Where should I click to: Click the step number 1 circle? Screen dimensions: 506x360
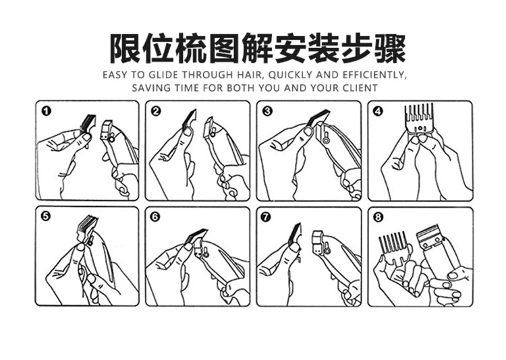coord(47,112)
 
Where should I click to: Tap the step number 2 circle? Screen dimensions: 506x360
coord(156,112)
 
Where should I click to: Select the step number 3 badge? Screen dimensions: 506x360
coord(268,112)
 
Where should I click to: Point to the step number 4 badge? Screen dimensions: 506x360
coord(378,112)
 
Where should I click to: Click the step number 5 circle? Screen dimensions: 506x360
coord(46,216)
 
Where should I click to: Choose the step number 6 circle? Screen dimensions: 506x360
coord(156,217)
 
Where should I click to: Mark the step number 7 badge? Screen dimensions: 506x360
coord(266,217)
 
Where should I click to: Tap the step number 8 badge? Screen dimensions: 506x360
coord(378,217)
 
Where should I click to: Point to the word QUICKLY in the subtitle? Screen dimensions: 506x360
coord(291,75)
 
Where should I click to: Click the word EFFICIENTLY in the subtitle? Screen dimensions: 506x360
coord(374,75)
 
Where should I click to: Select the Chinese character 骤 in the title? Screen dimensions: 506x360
coord(391,49)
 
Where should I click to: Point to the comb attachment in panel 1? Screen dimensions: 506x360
coord(88,123)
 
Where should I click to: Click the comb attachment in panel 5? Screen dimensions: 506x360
coord(86,228)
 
